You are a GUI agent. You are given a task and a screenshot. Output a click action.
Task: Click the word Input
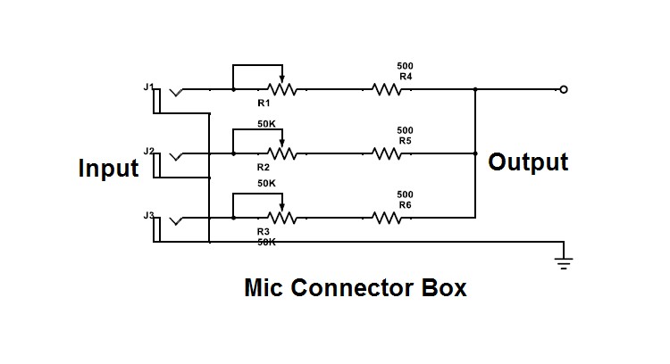coord(108,168)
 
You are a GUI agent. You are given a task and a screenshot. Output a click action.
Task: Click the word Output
coord(528,162)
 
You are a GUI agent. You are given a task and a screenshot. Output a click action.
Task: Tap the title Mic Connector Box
coord(355,289)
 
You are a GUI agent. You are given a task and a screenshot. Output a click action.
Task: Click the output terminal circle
coord(563,89)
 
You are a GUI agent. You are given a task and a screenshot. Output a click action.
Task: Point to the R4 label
coord(405,77)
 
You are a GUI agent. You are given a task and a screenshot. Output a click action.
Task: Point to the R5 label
coord(405,141)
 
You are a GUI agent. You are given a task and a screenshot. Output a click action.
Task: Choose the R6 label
coord(405,205)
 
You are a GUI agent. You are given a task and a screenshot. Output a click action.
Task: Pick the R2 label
coord(264,168)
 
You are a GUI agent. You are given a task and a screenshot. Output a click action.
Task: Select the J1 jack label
coord(148,86)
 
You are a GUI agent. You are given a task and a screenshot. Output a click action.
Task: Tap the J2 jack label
coord(148,151)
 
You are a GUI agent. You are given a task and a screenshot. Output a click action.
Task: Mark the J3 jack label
coord(148,215)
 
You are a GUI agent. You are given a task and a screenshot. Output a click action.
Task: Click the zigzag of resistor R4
coord(386,89)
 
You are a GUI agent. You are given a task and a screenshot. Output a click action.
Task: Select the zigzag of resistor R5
coord(386,153)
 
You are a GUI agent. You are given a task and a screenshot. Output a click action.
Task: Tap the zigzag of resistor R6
coord(386,218)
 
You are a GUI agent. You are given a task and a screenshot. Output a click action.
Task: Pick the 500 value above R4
coord(405,66)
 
